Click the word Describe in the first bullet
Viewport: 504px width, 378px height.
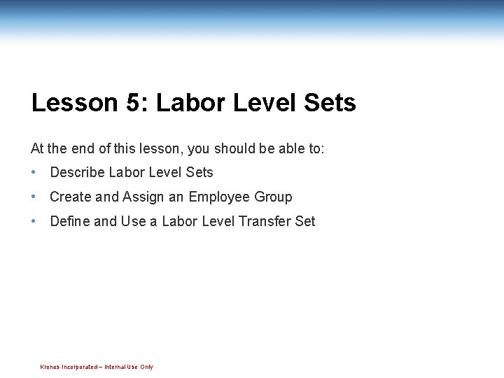click(x=78, y=172)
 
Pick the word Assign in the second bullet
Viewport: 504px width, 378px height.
click(x=144, y=197)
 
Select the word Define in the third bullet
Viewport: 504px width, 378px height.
click(x=70, y=221)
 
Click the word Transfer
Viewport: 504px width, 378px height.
click(x=265, y=221)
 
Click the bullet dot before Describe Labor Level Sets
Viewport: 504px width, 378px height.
click(x=34, y=172)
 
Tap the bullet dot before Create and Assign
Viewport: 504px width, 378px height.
click(x=34, y=197)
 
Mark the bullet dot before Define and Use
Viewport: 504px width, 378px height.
click(x=34, y=221)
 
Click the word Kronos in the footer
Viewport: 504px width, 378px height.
click(x=50, y=367)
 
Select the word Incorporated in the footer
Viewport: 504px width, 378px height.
click(x=80, y=367)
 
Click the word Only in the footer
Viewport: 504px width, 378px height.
click(x=146, y=367)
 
